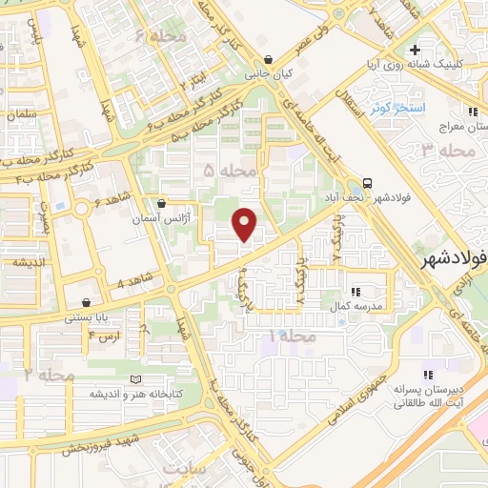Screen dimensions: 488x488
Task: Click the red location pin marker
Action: click(245, 223)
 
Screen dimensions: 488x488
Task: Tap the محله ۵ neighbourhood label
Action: click(231, 171)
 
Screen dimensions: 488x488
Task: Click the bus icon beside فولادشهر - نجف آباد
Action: click(368, 182)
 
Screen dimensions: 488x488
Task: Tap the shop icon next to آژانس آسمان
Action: click(162, 203)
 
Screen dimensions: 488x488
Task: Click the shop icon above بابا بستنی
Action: click(87, 302)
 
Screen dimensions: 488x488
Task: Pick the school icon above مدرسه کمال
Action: click(355, 291)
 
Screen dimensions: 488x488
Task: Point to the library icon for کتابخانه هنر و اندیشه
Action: click(142, 380)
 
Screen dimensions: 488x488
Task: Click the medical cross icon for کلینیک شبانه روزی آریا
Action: click(413, 50)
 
